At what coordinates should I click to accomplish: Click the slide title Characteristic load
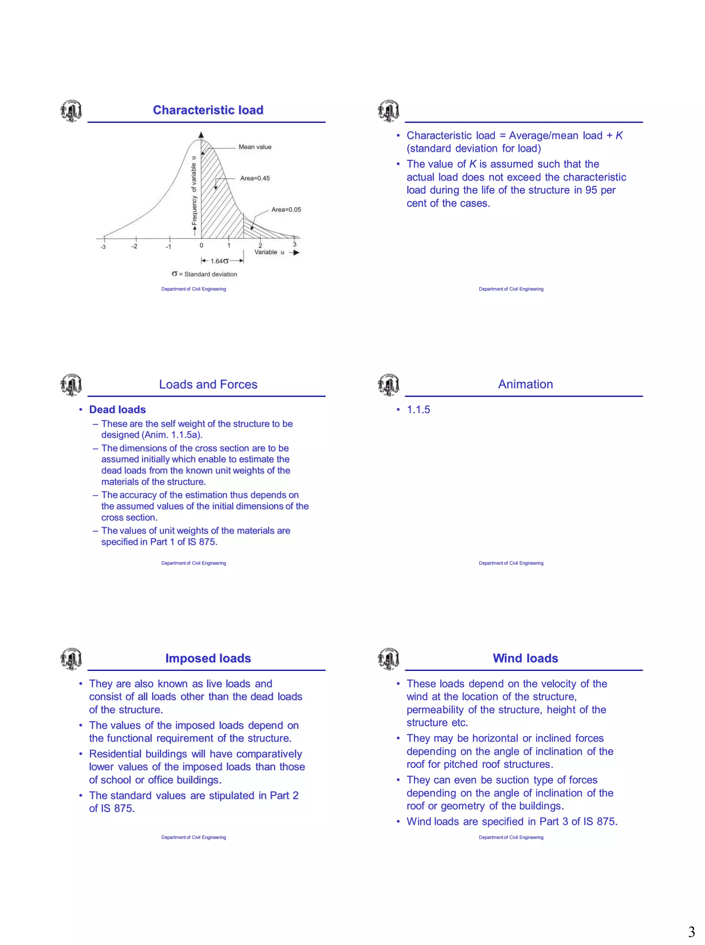pyautogui.click(x=208, y=110)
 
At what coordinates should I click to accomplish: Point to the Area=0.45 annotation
pyautogui.click(x=255, y=178)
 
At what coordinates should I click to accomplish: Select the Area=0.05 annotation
pyautogui.click(x=286, y=210)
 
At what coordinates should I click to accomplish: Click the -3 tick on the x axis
pyautogui.click(x=103, y=247)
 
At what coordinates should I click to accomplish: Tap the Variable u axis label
pyautogui.click(x=269, y=252)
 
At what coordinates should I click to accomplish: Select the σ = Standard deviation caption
pyautogui.click(x=204, y=274)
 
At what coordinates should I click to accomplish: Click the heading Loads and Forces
pyautogui.click(x=208, y=384)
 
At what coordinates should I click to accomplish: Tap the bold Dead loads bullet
pyautogui.click(x=117, y=409)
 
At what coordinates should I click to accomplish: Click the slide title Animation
pyautogui.click(x=525, y=384)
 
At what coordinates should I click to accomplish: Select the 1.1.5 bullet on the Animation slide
pyautogui.click(x=418, y=409)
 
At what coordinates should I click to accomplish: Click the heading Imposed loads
pyautogui.click(x=208, y=658)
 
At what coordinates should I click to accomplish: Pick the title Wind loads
pyautogui.click(x=525, y=658)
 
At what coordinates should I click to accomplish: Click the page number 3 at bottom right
pyautogui.click(x=691, y=932)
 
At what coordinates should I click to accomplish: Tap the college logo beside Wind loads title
pyautogui.click(x=388, y=658)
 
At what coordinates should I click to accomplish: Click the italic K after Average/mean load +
pyautogui.click(x=619, y=136)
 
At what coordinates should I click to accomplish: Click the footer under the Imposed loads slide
pyautogui.click(x=193, y=837)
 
